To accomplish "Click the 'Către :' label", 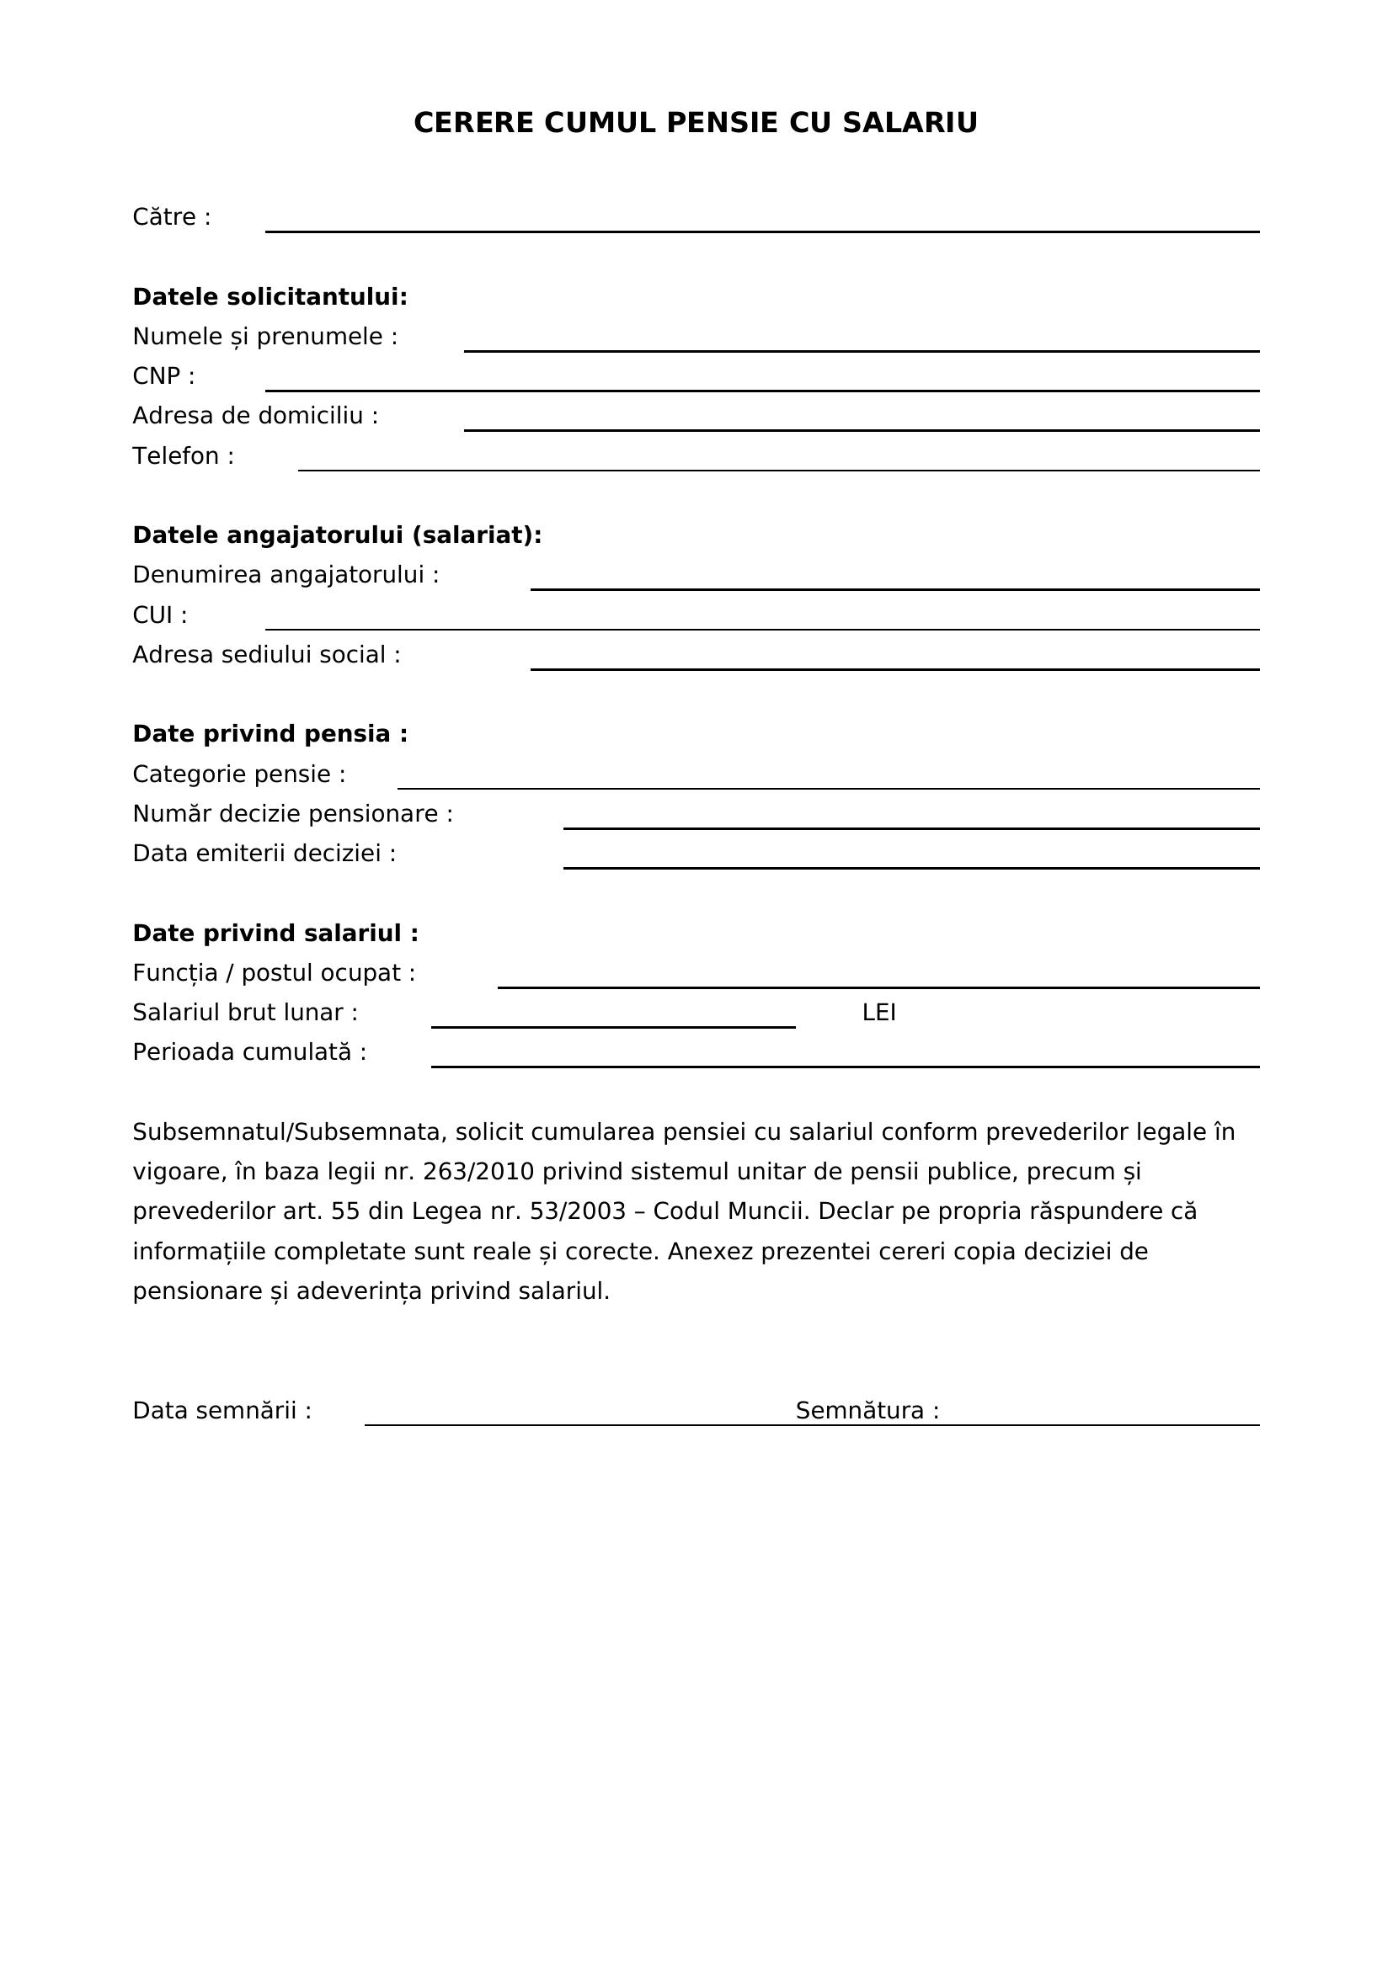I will pyautogui.click(x=172, y=218).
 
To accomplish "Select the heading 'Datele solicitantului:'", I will pyautogui.click(x=270, y=297).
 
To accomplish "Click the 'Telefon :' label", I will pyautogui.click(x=183, y=456).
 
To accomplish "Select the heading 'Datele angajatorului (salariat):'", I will pyautogui.click(x=337, y=536).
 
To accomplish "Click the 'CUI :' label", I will pyautogui.click(x=159, y=615).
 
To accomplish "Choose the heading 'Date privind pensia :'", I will pyautogui.click(x=270, y=735).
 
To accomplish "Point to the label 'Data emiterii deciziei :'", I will pyautogui.click(x=264, y=854).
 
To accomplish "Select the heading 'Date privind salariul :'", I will pyautogui.click(x=275, y=934).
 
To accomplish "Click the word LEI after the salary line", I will pyautogui.click(x=878, y=1014).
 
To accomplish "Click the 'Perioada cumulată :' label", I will pyautogui.click(x=249, y=1053).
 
